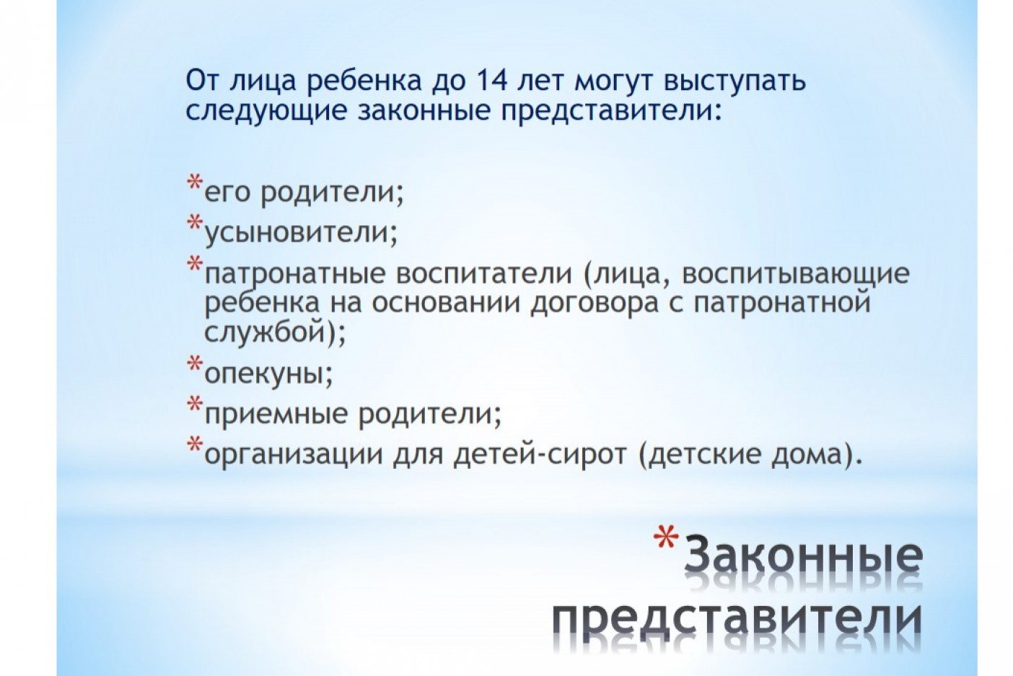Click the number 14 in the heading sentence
[491, 80]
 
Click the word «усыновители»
[300, 233]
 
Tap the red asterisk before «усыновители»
[195, 222]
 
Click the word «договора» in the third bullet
[595, 304]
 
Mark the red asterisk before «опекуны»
[195, 363]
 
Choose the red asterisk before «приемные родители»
[195, 403]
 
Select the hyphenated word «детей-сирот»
[540, 454]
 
